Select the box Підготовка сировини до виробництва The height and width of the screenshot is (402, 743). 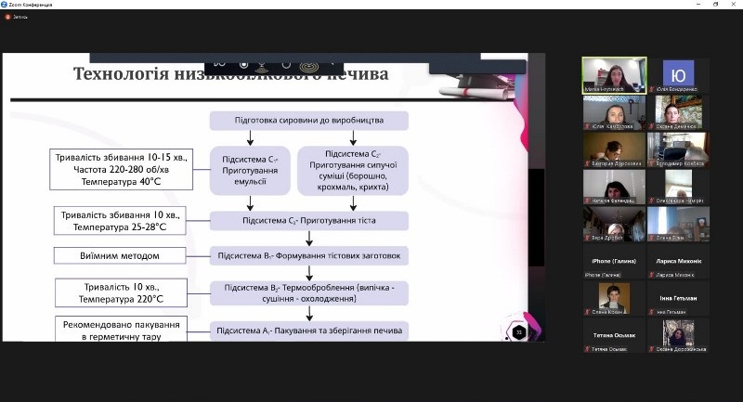pyautogui.click(x=308, y=121)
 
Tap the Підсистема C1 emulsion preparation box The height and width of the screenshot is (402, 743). pyautogui.click(x=244, y=170)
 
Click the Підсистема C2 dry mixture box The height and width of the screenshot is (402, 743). pyautogui.click(x=352, y=170)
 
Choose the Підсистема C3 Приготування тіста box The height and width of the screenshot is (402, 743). pyautogui.click(x=308, y=221)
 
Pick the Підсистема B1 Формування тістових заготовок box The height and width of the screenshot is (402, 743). pyautogui.click(x=308, y=256)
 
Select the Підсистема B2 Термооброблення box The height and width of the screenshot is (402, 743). pyautogui.click(x=308, y=293)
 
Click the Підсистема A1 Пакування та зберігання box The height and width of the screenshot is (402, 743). pyautogui.click(x=308, y=330)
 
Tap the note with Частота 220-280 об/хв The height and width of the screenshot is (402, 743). pyautogui.click(x=120, y=170)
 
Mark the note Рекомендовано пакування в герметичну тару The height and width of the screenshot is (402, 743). pyautogui.click(x=120, y=330)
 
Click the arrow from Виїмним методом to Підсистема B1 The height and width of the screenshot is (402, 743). pyautogui.click(x=197, y=256)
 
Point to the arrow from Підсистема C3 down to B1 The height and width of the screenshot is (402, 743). pyautogui.click(x=308, y=239)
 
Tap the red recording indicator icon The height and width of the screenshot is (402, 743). pyautogui.click(x=7, y=17)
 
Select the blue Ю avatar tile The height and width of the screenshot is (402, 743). pyautogui.click(x=678, y=74)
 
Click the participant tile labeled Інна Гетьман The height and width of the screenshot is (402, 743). pyautogui.click(x=678, y=298)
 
